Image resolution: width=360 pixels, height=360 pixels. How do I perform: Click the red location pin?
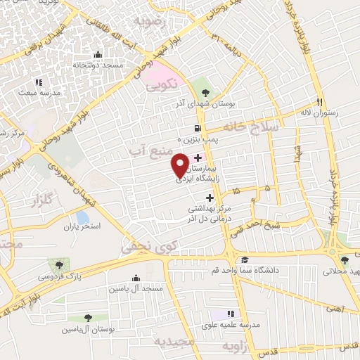[180, 164]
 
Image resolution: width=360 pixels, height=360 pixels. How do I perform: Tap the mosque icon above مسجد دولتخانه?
[96, 55]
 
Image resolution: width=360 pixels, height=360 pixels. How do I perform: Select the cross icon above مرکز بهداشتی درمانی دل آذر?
[209, 198]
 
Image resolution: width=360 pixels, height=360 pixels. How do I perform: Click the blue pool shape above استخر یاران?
[83, 217]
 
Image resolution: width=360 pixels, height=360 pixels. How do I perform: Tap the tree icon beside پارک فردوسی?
[57, 265]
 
